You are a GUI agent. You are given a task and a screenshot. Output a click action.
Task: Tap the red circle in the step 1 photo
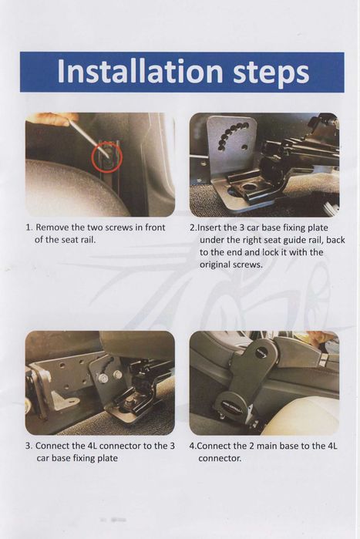(x=107, y=157)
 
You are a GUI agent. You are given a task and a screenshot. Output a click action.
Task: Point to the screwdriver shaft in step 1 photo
(x=90, y=137)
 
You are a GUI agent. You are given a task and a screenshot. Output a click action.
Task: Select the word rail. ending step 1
(x=89, y=240)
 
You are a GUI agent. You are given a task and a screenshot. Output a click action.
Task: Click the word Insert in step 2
(x=211, y=228)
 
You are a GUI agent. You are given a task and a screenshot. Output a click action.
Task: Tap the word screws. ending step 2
(x=247, y=265)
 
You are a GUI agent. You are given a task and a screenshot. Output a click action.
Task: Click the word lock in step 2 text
(x=271, y=252)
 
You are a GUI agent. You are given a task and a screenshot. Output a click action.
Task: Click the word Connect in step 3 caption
(x=52, y=446)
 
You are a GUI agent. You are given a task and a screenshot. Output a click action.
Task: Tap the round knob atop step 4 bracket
(x=262, y=352)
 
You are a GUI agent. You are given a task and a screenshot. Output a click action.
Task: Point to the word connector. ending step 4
(x=220, y=459)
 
